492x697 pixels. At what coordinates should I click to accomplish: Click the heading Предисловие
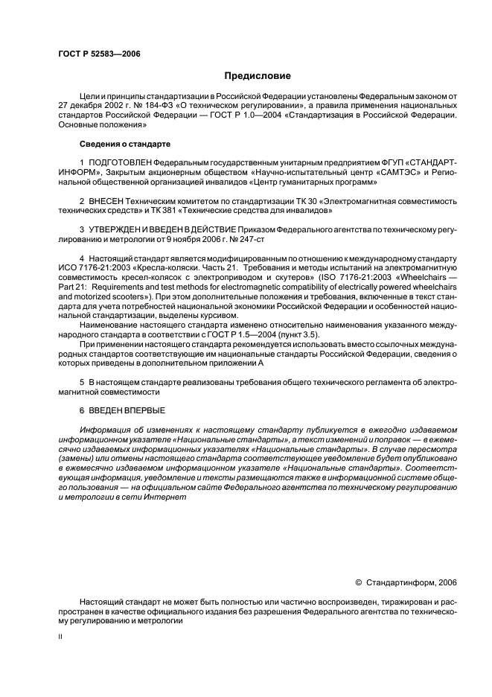click(258, 75)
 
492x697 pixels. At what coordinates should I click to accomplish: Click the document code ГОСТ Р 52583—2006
click(98, 54)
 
